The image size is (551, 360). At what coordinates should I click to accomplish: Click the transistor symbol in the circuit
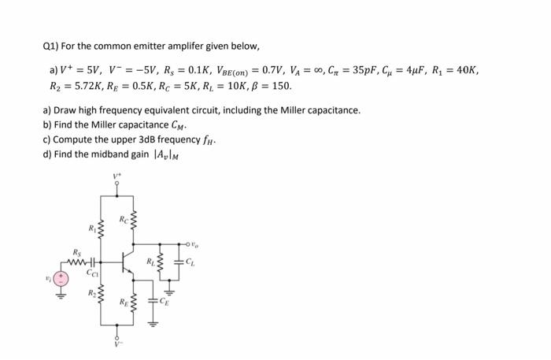click(x=125, y=262)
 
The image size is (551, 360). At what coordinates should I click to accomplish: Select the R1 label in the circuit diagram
click(x=91, y=230)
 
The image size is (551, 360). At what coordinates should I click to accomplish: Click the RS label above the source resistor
click(x=76, y=252)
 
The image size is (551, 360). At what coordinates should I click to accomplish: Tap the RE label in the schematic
click(x=122, y=301)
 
